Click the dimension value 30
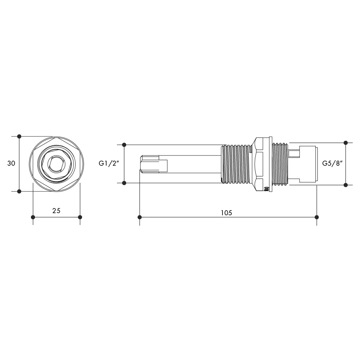pos(11,163)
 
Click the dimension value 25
pos(56,211)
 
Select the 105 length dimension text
pos(226,213)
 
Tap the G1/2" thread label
pos(109,163)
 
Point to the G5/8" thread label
pos(332,163)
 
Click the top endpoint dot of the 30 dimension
pos(19,136)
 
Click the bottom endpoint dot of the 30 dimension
pos(19,191)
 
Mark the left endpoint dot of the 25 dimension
pos(33,217)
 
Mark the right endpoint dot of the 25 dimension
pos(80,217)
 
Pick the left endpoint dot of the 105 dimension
pos(140,217)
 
